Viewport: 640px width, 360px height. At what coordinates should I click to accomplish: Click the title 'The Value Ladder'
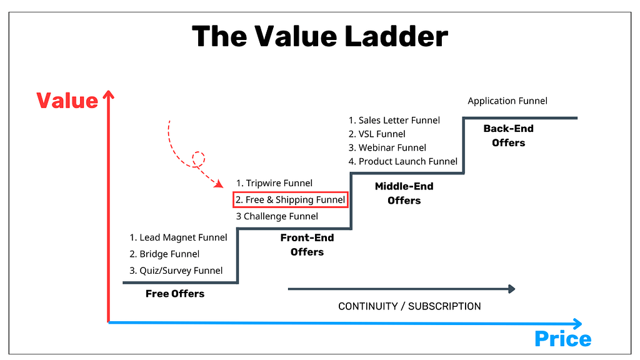point(319,36)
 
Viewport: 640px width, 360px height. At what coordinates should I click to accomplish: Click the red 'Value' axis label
point(67,101)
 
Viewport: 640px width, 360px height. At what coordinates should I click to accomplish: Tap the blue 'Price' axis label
point(562,339)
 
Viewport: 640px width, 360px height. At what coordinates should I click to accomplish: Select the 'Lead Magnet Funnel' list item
point(178,237)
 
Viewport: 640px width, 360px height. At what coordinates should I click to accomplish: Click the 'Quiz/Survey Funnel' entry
point(176,271)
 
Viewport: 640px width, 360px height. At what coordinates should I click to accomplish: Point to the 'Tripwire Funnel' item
point(274,183)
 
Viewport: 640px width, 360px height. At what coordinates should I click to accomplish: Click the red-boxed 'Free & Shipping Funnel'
point(291,200)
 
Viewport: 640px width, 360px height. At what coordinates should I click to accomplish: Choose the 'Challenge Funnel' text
point(277,216)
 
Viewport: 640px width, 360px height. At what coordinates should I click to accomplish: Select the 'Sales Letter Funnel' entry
point(394,121)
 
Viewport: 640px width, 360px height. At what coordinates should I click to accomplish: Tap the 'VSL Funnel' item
point(377,134)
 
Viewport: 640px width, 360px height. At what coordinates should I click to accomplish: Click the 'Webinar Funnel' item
point(387,147)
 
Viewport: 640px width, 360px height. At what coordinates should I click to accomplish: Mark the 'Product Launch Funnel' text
point(403,161)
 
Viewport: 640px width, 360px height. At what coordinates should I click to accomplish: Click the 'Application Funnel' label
point(507,101)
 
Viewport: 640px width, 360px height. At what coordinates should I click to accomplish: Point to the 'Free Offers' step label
point(175,294)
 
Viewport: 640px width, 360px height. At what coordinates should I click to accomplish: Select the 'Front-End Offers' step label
point(307,245)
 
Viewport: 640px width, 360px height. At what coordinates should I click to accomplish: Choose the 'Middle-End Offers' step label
point(404,193)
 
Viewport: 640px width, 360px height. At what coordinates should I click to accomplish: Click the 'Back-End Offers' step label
point(508,136)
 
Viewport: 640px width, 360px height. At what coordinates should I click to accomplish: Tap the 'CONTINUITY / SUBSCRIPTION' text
point(409,306)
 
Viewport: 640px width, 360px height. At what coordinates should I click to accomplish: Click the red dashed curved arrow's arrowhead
point(219,184)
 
